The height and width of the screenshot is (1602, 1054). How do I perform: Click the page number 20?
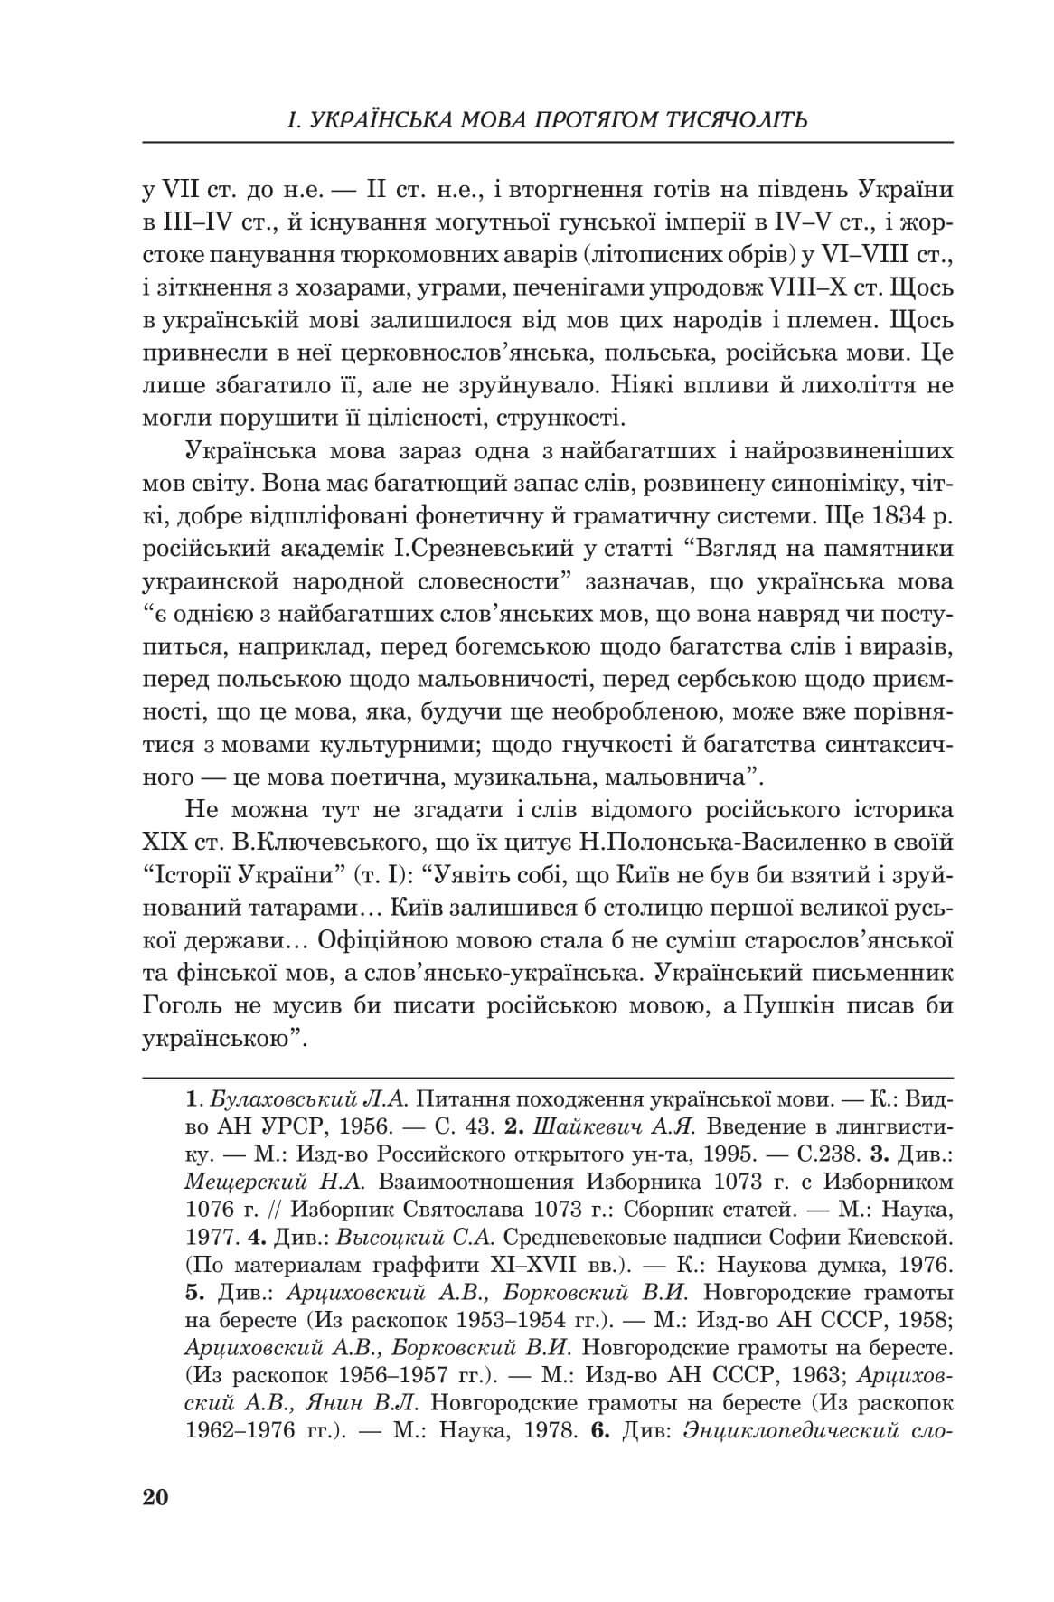pos(155,1497)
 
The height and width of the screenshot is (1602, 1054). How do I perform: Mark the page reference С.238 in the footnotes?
pos(827,1154)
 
